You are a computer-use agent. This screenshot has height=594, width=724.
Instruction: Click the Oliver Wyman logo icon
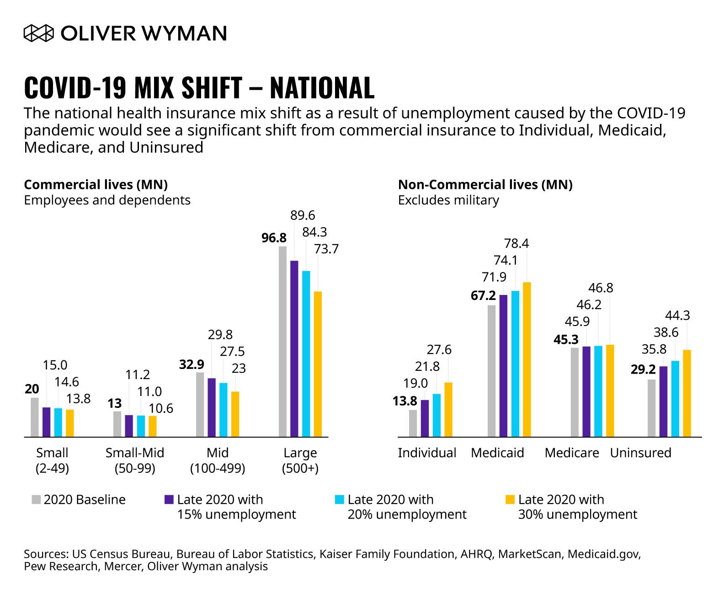pos(39,33)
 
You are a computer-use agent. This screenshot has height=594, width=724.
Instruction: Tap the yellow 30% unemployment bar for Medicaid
pos(527,359)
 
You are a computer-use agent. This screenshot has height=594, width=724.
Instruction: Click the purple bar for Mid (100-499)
pos(212,407)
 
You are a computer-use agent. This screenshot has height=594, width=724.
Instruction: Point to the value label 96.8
pos(274,238)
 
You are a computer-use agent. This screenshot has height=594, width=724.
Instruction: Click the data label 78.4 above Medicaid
pos(516,243)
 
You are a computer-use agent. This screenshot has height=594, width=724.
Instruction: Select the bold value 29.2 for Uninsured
pos(643,369)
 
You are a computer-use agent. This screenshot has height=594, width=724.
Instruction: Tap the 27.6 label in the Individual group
pos(439,349)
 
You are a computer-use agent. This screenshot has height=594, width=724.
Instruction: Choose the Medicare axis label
pos(572,453)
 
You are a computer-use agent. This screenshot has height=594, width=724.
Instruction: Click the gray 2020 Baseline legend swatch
pos(36,499)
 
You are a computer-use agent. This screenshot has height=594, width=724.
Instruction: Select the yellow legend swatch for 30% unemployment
pos(510,499)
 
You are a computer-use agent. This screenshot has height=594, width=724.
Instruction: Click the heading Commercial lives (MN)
pos(96,184)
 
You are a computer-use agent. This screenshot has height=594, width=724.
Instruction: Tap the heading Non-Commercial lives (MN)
pos(485,184)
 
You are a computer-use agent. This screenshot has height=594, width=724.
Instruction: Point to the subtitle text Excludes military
pos(448,200)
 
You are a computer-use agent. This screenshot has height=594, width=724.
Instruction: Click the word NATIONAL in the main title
pos(322,87)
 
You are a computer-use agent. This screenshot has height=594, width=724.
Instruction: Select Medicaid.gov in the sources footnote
pos(603,554)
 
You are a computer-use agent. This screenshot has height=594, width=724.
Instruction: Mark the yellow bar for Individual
pos(448,410)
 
